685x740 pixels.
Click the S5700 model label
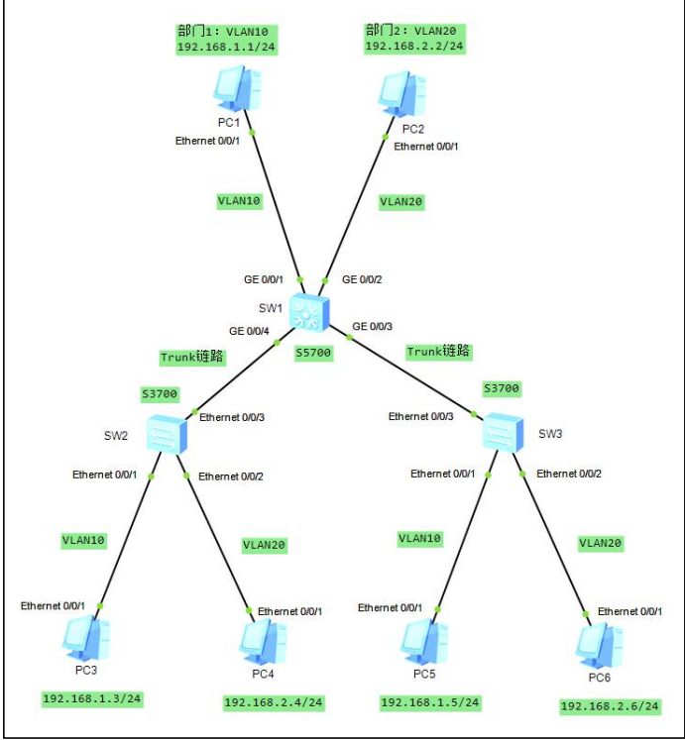pyautogui.click(x=315, y=352)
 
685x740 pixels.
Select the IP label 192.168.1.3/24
pyautogui.click(x=92, y=699)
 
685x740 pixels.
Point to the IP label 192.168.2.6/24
pyautogui.click(x=610, y=706)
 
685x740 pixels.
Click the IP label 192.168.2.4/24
pyautogui.click(x=274, y=702)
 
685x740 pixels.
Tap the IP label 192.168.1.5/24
pyautogui.click(x=430, y=702)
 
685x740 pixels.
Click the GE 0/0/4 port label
pyautogui.click(x=249, y=331)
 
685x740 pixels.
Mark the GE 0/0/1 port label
pyautogui.click(x=264, y=279)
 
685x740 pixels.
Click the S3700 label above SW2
pyautogui.click(x=160, y=394)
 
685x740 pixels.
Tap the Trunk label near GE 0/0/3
pyautogui.click(x=438, y=352)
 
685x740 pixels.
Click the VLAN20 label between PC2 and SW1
pyautogui.click(x=400, y=201)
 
